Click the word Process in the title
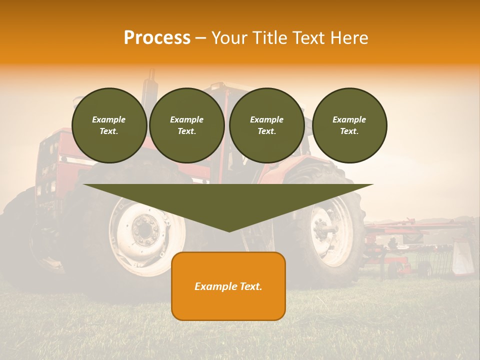point(157,38)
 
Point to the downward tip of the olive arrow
point(229,230)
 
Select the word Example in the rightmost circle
point(349,119)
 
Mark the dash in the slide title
point(200,38)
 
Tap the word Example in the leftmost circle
point(109,119)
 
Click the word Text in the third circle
point(267,131)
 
